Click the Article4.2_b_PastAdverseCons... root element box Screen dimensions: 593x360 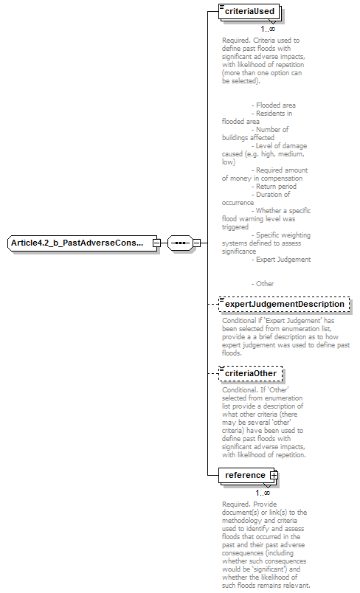80,243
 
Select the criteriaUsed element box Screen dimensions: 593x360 249,12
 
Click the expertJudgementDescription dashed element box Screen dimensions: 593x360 284,304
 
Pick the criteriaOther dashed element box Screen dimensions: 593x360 250,373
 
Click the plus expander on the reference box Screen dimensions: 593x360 274,476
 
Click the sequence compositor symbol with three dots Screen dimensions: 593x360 179,243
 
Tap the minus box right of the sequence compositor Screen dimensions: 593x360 196,243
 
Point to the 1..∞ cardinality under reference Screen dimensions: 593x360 263,493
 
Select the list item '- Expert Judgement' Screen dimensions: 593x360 280,260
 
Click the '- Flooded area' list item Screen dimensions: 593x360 274,105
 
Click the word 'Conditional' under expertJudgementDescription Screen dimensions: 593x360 240,321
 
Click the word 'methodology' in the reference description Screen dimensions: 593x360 242,520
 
